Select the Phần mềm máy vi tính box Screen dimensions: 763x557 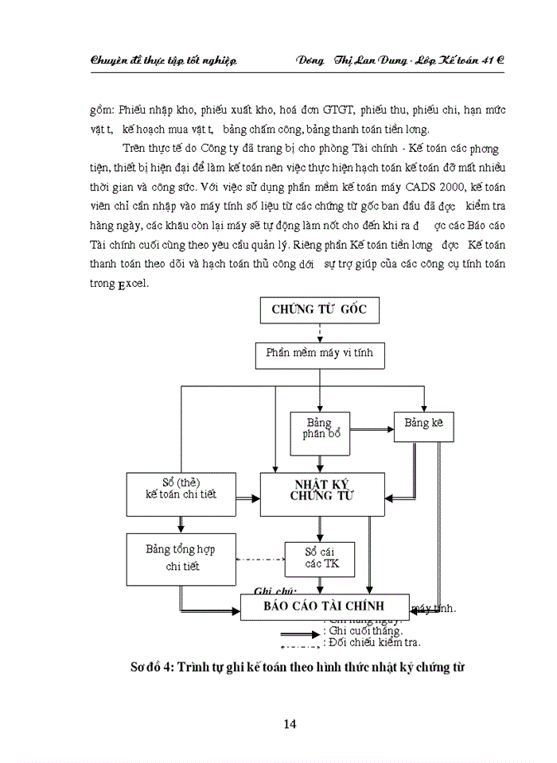point(319,352)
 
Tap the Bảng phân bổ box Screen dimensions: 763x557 point(320,428)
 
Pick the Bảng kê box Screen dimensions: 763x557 point(423,424)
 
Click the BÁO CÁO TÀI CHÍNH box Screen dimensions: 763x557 point(325,606)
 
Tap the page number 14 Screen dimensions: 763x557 point(290,723)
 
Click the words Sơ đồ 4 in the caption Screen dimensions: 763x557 point(151,668)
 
